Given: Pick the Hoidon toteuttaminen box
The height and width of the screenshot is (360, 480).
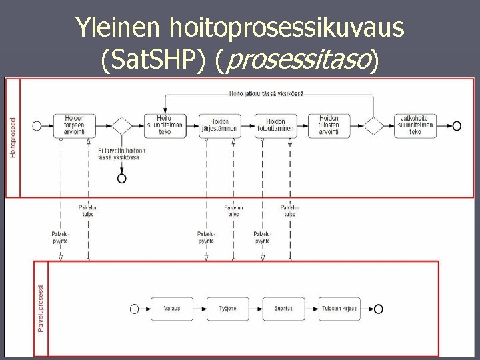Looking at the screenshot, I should click(x=276, y=125).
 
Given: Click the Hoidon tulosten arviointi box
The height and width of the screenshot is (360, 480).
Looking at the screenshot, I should click(x=328, y=125).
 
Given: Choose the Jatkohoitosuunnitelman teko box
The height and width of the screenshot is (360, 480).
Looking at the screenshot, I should click(x=415, y=125).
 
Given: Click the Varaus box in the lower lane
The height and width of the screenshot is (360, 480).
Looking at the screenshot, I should click(x=171, y=308).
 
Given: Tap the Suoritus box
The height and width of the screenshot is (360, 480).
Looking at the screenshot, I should click(x=279, y=308).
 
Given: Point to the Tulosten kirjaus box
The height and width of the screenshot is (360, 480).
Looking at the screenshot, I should click(x=339, y=308).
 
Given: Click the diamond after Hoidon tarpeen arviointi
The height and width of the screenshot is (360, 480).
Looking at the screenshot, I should click(x=121, y=125).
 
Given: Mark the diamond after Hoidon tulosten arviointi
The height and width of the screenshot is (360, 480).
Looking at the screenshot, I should click(x=373, y=125).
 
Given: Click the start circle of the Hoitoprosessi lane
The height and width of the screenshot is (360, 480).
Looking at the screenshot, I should click(x=37, y=125).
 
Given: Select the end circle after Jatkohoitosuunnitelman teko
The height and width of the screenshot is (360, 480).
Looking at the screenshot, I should click(x=457, y=125).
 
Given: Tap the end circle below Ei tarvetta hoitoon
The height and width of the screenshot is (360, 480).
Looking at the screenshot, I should click(x=121, y=178).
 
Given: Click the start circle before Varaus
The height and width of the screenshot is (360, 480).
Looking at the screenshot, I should click(x=134, y=308).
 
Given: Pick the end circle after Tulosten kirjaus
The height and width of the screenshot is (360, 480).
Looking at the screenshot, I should click(x=379, y=308).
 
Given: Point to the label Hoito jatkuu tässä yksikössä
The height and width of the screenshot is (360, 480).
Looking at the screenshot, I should click(x=265, y=93).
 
